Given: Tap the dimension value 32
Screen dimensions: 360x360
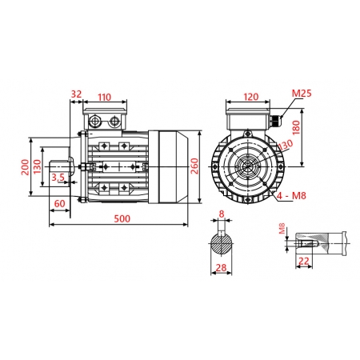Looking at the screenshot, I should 77,94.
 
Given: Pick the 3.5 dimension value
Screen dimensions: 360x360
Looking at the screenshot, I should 58,178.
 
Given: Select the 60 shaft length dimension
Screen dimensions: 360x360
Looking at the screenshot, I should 59,204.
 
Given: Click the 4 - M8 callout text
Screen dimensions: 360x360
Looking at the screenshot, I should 289,194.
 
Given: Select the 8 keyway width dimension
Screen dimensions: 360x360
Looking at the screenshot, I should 222,214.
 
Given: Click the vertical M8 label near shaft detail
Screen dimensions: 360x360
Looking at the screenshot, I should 282,230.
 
